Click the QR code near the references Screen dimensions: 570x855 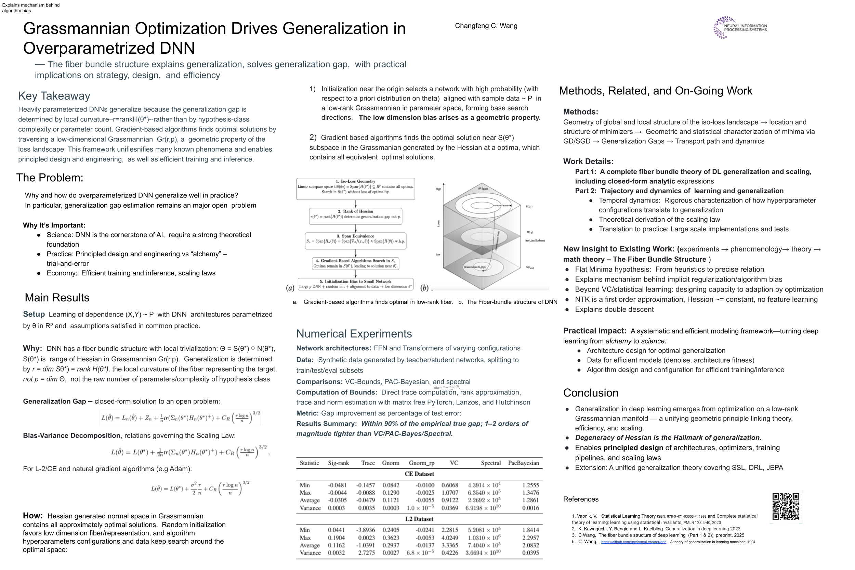[785, 506]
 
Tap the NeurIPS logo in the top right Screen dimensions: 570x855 [740, 28]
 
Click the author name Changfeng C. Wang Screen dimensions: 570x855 [486, 26]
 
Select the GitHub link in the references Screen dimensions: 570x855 [633, 542]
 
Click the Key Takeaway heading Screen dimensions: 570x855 [54, 96]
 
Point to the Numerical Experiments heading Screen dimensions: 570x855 [354, 334]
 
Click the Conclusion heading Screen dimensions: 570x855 [591, 393]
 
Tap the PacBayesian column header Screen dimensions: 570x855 [523, 463]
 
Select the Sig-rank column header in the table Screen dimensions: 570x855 [338, 463]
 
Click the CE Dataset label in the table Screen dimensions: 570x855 [419, 474]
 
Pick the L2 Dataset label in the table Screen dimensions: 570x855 [419, 519]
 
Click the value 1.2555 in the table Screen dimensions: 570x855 [530, 485]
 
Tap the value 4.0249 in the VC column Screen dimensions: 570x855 [449, 537]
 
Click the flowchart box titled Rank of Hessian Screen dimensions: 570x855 [355, 216]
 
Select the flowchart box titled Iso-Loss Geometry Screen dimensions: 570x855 [355, 189]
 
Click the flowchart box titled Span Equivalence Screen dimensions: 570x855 [355, 241]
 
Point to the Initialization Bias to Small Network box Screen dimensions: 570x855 [355, 284]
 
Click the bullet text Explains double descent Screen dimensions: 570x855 [614, 310]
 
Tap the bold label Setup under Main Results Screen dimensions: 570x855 [34, 314]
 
